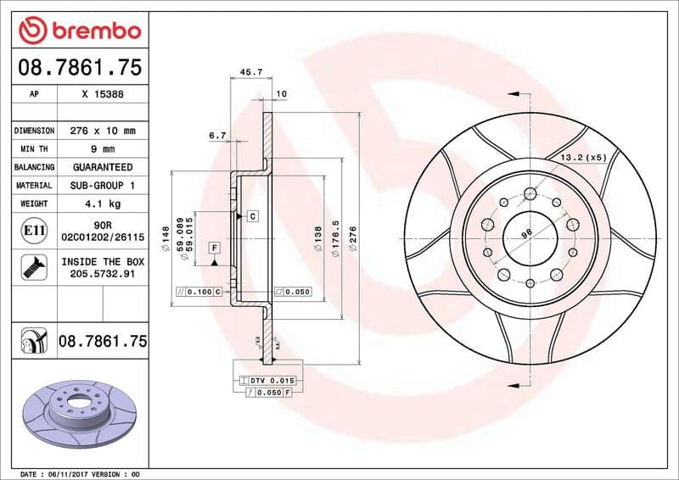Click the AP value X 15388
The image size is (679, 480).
[103, 95]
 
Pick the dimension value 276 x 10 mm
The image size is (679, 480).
[103, 131]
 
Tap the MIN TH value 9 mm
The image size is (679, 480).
[103, 149]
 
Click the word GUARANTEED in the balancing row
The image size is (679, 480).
[103, 167]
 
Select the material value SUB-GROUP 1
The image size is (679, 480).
[103, 185]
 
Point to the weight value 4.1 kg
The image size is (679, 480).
[103, 204]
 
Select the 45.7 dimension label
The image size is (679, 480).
[251, 73]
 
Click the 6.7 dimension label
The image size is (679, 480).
[216, 135]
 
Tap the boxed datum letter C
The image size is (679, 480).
[253, 217]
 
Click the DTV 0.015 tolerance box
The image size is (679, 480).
[268, 381]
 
